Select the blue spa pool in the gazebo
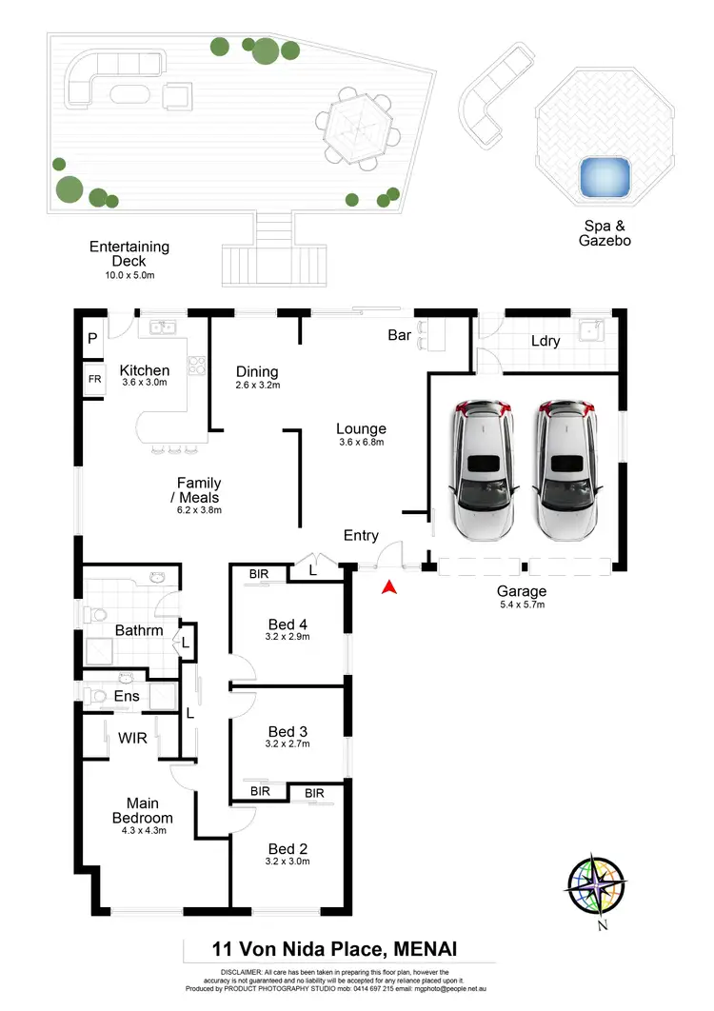[605, 177]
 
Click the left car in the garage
[484, 468]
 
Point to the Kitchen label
[145, 370]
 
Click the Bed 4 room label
[287, 624]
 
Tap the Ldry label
[545, 341]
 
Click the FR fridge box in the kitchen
[94, 379]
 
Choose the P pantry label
[92, 338]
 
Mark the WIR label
[132, 738]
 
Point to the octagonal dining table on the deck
[353, 122]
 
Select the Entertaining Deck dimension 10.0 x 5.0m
[129, 274]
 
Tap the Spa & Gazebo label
[605, 233]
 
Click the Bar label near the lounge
[400, 335]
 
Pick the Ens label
[127, 696]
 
